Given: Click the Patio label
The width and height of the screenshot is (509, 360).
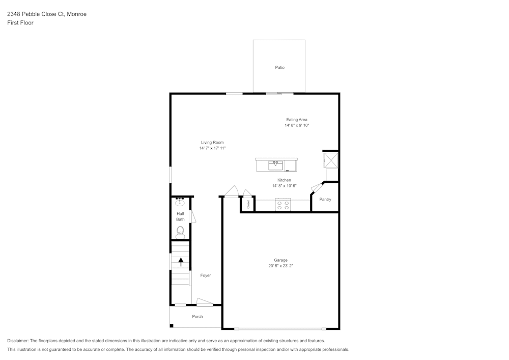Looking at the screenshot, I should point(279,67).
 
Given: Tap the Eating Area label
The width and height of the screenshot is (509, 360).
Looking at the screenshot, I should point(297,120).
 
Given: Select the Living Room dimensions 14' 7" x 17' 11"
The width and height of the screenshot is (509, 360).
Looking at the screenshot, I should point(212,148).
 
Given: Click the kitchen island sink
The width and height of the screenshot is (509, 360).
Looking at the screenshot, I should point(275,165).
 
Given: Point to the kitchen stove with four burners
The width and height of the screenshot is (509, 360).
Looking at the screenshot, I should point(282,205).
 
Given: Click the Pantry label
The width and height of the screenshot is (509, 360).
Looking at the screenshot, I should point(325,200).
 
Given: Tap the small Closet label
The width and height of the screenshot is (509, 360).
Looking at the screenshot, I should point(248,205).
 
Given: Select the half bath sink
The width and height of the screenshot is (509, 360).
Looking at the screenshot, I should point(180,202).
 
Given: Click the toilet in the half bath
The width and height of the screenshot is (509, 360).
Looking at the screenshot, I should point(180,233).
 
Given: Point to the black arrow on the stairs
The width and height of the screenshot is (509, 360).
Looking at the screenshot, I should point(180,262).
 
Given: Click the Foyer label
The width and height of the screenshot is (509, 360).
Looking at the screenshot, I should point(205,275).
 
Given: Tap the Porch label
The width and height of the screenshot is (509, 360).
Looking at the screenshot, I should point(197,317).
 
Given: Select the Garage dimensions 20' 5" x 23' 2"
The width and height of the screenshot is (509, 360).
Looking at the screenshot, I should point(281,266).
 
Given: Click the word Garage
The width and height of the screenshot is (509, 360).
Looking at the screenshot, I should point(281,260).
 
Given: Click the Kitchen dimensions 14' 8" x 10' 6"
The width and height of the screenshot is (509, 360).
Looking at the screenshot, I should point(284,186).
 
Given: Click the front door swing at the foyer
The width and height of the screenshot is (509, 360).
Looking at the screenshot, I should point(205,302).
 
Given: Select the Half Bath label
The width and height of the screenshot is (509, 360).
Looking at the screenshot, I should point(180,216).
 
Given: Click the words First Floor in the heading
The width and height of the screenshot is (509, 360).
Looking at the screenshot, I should point(20,23).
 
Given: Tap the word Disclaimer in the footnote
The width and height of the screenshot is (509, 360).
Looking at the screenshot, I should point(18,341).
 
